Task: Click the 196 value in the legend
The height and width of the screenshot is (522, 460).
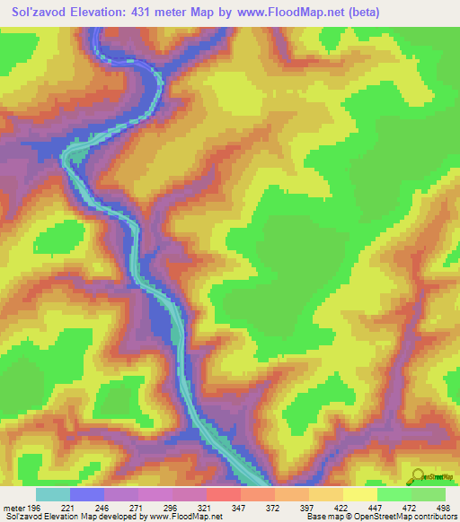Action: pos(32,507)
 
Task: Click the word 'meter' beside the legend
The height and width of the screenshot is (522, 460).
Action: pos(12,507)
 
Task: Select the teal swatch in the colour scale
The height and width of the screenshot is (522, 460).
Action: pos(53,494)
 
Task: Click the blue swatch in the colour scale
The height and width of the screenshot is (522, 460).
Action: pos(87,494)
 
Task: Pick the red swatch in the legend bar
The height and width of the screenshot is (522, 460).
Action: pos(223,494)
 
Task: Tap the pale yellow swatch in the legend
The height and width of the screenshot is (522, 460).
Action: pos(359,494)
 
